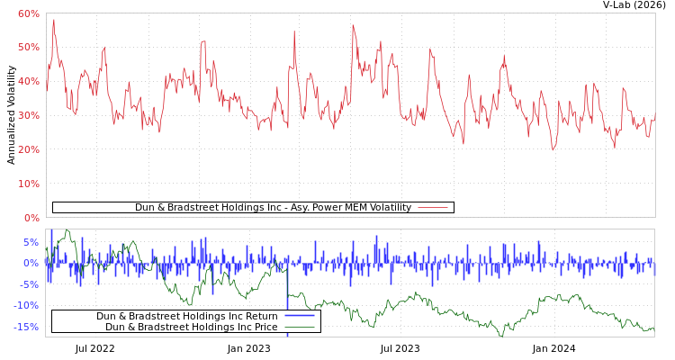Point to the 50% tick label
pyautogui.click(x=29, y=47)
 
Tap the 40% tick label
pyautogui.click(x=29, y=81)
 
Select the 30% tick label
pyautogui.click(x=29, y=115)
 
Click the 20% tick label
pyautogui.click(x=29, y=149)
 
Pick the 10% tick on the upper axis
pyautogui.click(x=29, y=184)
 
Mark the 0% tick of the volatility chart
pyautogui.click(x=31, y=218)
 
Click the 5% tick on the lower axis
pyautogui.click(x=31, y=242)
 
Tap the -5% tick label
pyautogui.click(x=30, y=284)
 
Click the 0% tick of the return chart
pyautogui.click(x=31, y=263)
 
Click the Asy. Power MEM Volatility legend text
pyautogui.click(x=273, y=207)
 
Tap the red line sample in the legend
pyautogui.click(x=433, y=207)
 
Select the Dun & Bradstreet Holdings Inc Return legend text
pyautogui.click(x=186, y=316)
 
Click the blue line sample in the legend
pyautogui.click(x=299, y=316)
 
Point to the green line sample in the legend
pyautogui.click(x=299, y=327)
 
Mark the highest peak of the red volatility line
pyautogui.click(x=53, y=20)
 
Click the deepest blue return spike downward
pyautogui.click(x=288, y=334)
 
